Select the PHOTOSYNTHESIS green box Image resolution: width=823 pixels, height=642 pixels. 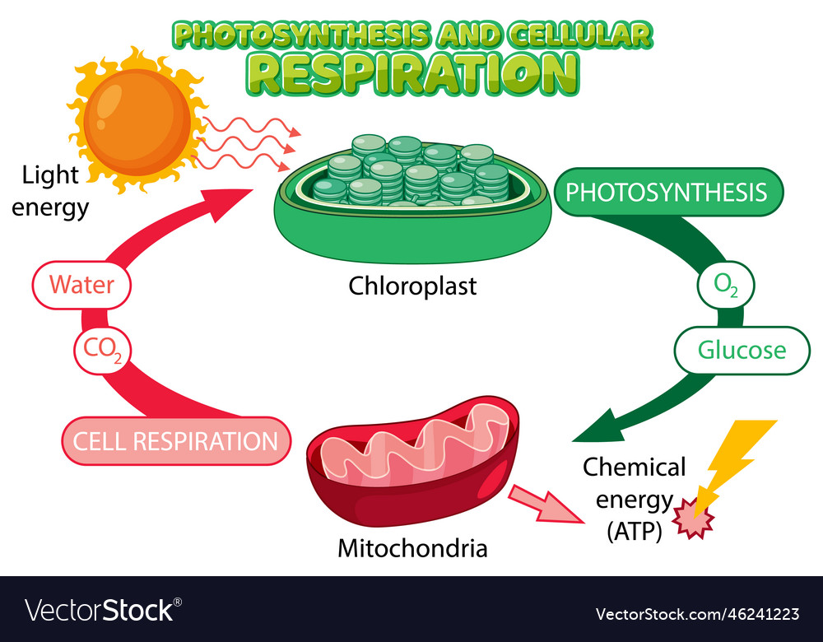tap(667, 193)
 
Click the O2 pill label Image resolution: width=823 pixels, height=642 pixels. tap(725, 286)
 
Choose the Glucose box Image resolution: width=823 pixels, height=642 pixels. tap(742, 351)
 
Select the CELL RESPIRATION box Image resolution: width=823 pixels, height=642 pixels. tap(175, 441)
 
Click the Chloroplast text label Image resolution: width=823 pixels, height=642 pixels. tap(412, 286)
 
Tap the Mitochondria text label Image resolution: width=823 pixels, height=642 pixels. tap(412, 547)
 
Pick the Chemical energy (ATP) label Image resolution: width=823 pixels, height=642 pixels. tap(634, 499)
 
